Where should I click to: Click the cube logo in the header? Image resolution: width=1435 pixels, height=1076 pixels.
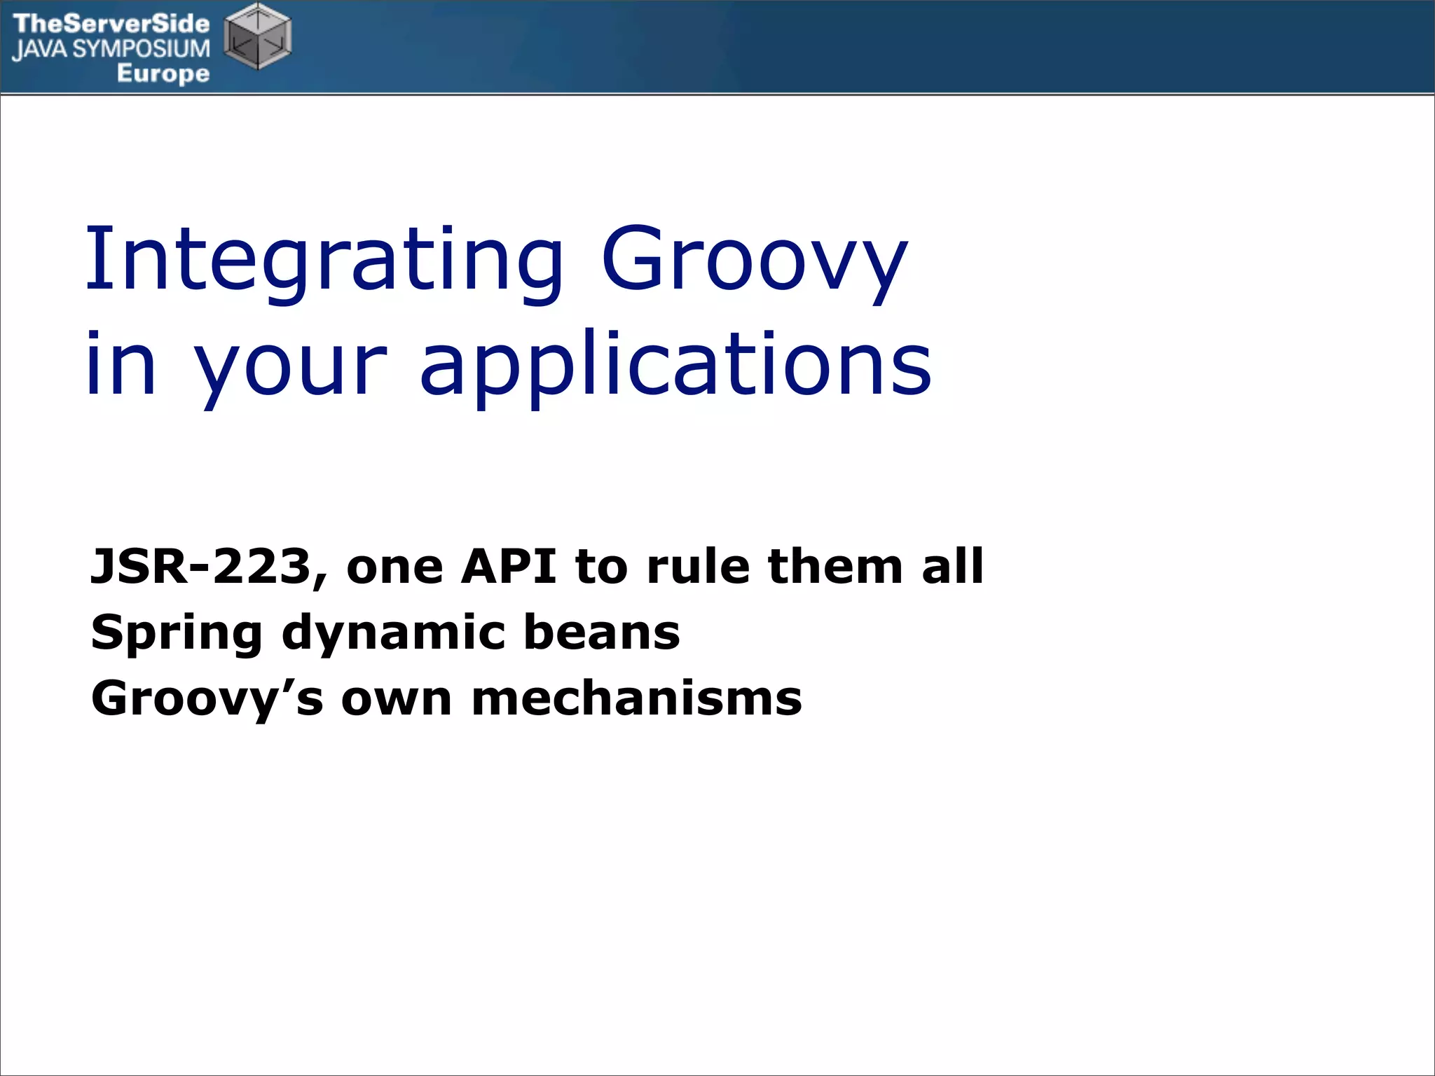(257, 36)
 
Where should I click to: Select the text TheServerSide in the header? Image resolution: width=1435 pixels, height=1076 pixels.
(111, 24)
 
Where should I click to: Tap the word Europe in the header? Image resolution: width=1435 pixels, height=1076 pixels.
(163, 73)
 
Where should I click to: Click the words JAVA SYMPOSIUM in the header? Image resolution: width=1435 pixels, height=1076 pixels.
(111, 49)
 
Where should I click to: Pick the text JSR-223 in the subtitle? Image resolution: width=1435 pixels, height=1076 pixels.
(200, 566)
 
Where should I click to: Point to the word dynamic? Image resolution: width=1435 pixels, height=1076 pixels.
(393, 633)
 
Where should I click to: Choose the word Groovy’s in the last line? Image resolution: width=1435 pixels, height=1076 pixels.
(207, 699)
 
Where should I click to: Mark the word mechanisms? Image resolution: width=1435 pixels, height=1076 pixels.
(636, 699)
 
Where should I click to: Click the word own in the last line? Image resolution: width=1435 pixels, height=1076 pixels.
(397, 699)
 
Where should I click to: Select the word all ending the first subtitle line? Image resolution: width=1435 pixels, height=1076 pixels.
(953, 566)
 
